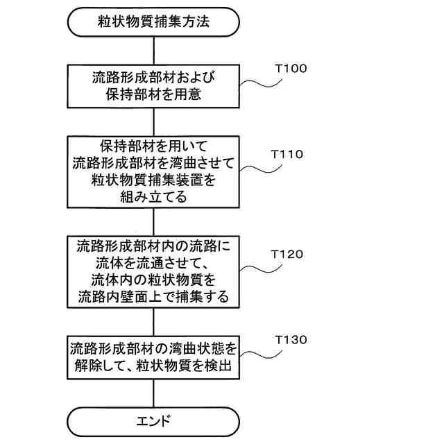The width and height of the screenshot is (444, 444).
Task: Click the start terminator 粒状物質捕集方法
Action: (153, 22)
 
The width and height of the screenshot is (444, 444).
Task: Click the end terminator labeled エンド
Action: (153, 420)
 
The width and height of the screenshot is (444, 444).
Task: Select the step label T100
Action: (291, 69)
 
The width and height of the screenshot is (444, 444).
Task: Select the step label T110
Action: (291, 154)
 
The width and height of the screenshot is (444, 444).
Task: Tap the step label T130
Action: (291, 340)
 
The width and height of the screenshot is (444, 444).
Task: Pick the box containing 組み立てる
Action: (153, 171)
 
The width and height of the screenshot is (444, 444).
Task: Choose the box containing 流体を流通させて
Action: (153, 271)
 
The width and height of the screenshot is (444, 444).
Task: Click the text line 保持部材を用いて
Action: (153, 146)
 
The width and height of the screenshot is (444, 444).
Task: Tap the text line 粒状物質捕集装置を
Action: (153, 180)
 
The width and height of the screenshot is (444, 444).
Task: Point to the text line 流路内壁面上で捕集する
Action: (153, 297)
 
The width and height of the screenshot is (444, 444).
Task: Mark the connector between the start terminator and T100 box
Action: (153, 51)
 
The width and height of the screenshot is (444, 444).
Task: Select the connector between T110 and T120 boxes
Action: (153, 221)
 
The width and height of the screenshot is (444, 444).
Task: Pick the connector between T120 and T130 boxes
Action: (153, 321)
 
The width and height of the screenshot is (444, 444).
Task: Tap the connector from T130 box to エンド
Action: (153, 392)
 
